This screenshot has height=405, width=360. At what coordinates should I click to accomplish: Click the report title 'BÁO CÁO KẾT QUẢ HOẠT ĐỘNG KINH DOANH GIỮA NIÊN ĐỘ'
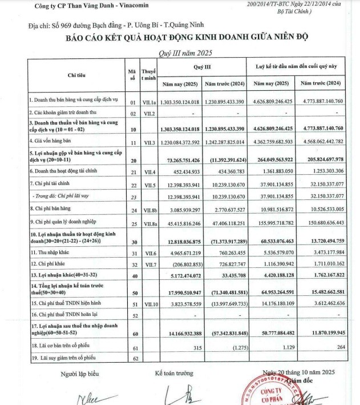[x=179, y=38]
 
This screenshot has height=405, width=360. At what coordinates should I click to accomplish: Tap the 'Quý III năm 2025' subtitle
[x=180, y=52]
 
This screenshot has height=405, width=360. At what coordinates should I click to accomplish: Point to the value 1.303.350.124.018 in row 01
[x=180, y=101]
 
